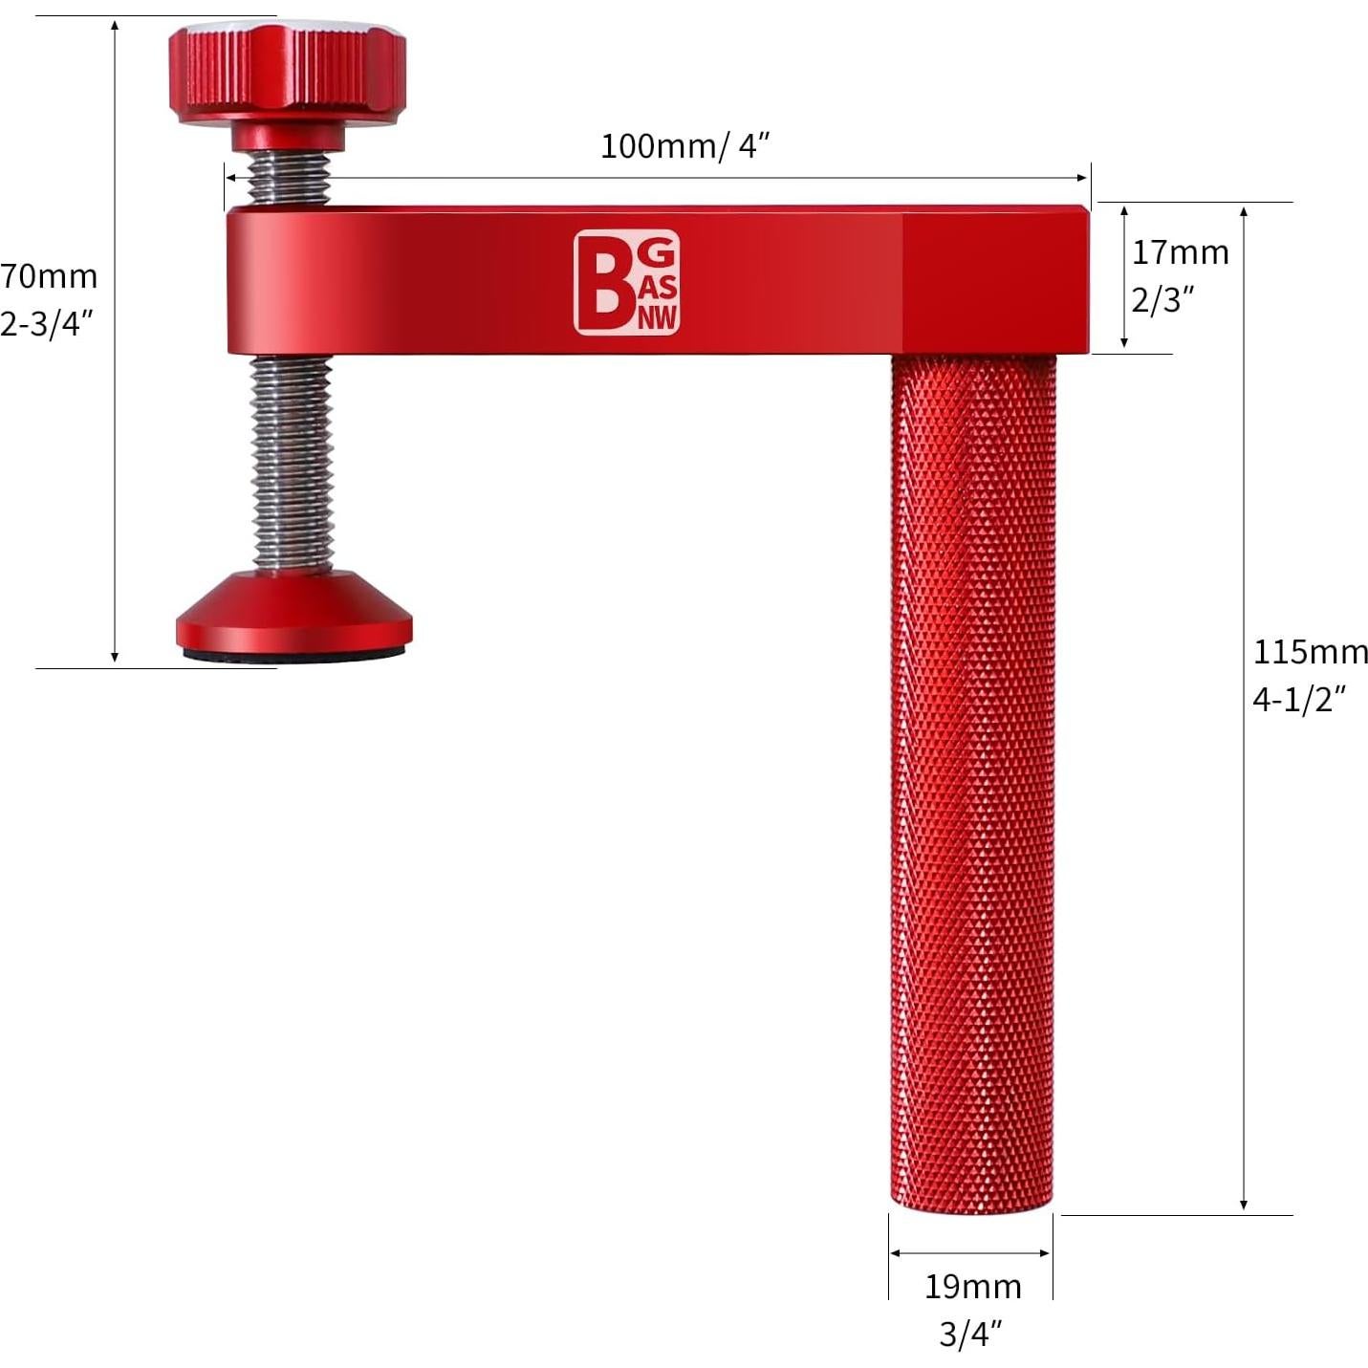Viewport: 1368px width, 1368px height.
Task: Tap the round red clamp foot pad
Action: point(293,612)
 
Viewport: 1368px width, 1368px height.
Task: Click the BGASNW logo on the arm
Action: point(626,283)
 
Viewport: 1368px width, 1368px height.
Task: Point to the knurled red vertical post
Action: point(973,765)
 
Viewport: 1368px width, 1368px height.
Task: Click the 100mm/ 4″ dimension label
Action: point(684,146)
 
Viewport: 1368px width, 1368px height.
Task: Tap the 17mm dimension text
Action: point(1180,252)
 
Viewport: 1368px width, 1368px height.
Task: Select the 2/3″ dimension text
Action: point(1162,300)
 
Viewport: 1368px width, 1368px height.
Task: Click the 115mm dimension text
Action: point(1310,652)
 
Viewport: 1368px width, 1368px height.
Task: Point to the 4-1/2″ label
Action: point(1299,700)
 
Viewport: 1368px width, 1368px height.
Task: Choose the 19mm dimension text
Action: point(972,1287)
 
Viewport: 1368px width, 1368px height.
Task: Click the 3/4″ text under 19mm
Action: point(970,1334)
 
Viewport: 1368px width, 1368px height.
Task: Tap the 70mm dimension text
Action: point(48,275)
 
